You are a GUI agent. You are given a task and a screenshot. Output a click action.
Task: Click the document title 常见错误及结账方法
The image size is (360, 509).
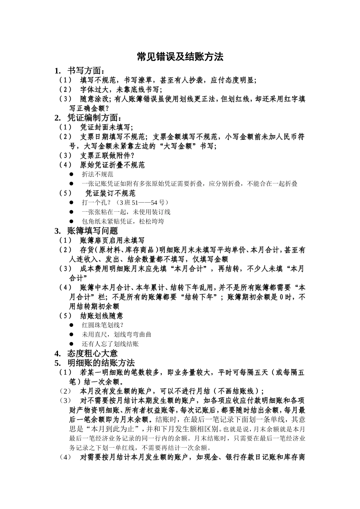pyautogui.click(x=180, y=57)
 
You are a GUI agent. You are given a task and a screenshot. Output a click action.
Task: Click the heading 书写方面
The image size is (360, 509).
pyautogui.click(x=86, y=71)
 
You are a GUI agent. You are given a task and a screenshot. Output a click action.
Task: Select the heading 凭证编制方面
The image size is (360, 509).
pyautogui.click(x=95, y=118)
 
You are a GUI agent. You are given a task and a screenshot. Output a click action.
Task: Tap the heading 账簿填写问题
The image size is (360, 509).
pyautogui.click(x=92, y=231)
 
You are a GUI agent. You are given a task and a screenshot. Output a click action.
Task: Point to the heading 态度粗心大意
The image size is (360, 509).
pyautogui.click(x=92, y=353)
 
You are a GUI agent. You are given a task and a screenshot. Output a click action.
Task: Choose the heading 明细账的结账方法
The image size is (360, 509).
pyautogui.click(x=101, y=363)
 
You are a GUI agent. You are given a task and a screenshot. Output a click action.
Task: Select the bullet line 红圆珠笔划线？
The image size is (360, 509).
pyautogui.click(x=103, y=325)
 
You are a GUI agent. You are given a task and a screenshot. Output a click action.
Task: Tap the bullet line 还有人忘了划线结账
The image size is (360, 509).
pyautogui.click(x=110, y=344)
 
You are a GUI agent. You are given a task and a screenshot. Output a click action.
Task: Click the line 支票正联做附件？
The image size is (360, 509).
pyautogui.click(x=107, y=156)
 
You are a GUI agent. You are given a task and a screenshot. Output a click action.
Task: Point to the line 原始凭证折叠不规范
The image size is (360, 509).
pyautogui.click(x=112, y=165)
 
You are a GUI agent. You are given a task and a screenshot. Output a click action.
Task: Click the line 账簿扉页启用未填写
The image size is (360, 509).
pyautogui.click(x=112, y=240)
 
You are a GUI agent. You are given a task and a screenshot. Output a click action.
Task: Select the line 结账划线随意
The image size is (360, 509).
pyautogui.click(x=102, y=315)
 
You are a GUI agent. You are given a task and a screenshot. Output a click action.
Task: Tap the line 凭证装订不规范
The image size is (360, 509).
pyautogui.click(x=110, y=193)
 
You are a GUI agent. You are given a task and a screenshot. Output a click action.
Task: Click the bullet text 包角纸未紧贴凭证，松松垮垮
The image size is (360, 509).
pyautogui.click(x=123, y=221)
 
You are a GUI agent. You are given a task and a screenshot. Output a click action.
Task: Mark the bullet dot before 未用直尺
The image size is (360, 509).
pyautogui.click(x=71, y=334)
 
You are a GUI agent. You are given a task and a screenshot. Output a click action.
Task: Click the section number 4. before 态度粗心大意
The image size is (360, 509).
pyautogui.click(x=58, y=353)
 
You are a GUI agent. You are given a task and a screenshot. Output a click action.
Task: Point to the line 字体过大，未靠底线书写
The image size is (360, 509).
pyautogui.click(x=121, y=90)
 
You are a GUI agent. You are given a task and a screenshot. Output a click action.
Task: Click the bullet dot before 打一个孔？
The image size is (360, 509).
pyautogui.click(x=71, y=203)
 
